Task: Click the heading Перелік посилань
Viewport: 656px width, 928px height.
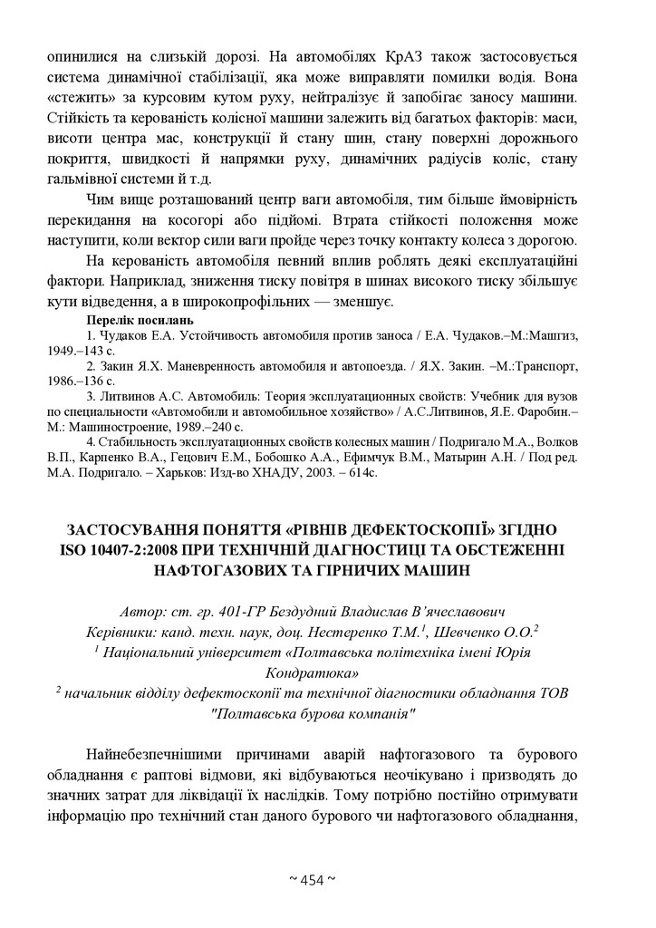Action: tap(140, 320)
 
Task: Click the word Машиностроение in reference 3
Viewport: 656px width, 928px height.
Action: tap(114, 425)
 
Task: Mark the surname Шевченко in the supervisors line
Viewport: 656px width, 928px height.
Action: tap(483, 632)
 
